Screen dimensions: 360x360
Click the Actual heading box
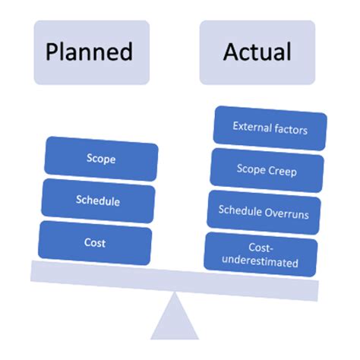click(x=257, y=52)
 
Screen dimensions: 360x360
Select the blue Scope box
click(x=102, y=159)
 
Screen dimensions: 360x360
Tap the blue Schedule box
click(x=99, y=201)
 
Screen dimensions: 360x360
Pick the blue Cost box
click(x=96, y=243)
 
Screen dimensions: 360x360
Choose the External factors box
click(x=270, y=129)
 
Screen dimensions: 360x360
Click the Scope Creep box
click(x=265, y=170)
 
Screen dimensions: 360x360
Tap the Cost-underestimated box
click(x=261, y=254)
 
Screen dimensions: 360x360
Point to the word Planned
click(x=89, y=52)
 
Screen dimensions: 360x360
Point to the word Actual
click(x=257, y=52)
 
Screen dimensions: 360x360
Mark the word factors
click(x=290, y=130)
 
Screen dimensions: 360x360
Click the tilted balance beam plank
click(x=175, y=278)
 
